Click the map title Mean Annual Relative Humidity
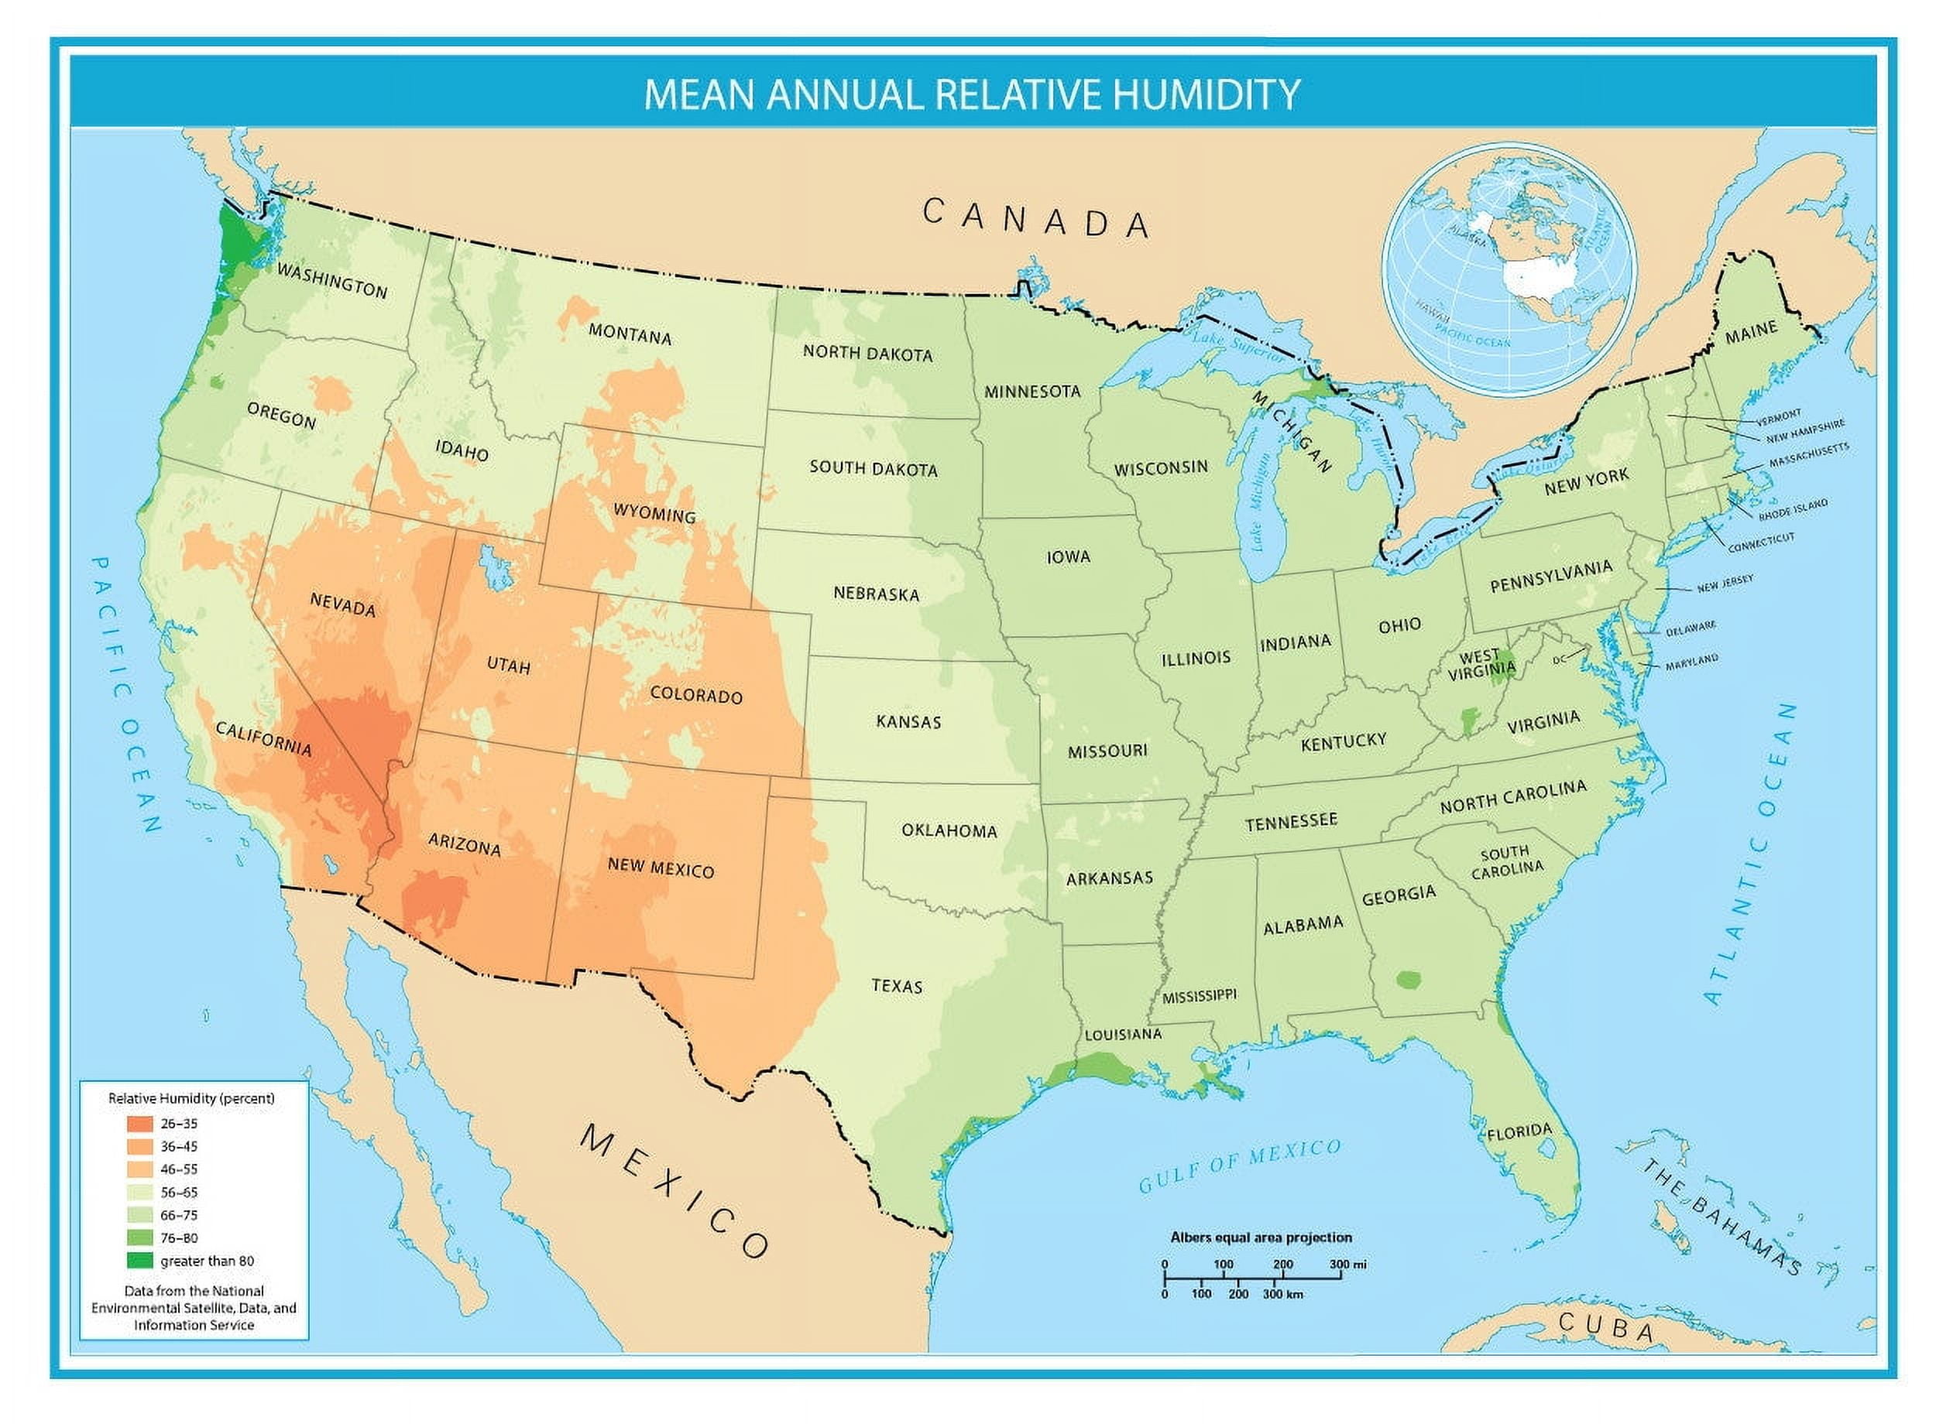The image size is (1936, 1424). click(972, 93)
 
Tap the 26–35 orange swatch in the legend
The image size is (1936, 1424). click(139, 1124)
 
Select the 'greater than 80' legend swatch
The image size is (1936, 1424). click(139, 1261)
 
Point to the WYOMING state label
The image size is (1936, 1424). click(654, 514)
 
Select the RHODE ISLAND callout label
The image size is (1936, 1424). click(1793, 509)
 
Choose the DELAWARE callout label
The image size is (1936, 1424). click(1691, 628)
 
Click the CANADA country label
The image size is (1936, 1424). click(1035, 218)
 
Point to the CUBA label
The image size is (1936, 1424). click(1605, 1327)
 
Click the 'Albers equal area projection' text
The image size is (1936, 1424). click(1261, 1237)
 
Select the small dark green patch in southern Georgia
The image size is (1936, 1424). click(1408, 979)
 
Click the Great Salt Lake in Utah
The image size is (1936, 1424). click(494, 567)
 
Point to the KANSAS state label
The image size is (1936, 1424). click(908, 721)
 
